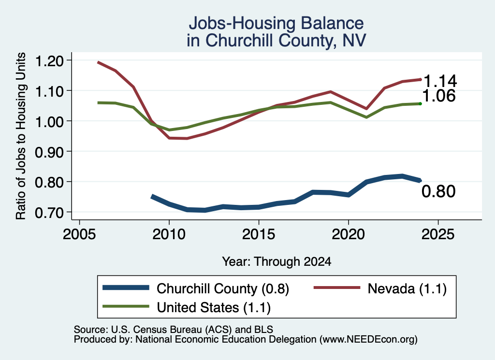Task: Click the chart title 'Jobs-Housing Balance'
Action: click(x=276, y=23)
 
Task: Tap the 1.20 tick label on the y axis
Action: click(x=49, y=61)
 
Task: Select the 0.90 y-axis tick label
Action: click(x=49, y=152)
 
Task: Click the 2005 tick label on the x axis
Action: click(x=79, y=234)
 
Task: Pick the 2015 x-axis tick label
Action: click(x=259, y=234)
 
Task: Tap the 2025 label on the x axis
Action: click(x=438, y=234)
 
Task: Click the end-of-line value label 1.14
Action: click(x=440, y=81)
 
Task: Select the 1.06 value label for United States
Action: click(x=438, y=96)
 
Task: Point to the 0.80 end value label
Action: click(x=438, y=191)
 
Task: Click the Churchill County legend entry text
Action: click(x=223, y=288)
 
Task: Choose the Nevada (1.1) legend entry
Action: click(x=407, y=288)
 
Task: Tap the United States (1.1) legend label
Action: click(x=214, y=307)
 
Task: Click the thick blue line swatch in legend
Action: click(x=126, y=288)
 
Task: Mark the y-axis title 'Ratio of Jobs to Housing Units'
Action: click(x=21, y=136)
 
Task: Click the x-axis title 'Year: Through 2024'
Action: click(x=277, y=261)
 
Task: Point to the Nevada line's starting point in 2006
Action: click(x=99, y=62)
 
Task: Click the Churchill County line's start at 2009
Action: click(x=152, y=197)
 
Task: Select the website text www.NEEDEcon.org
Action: click(x=368, y=340)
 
